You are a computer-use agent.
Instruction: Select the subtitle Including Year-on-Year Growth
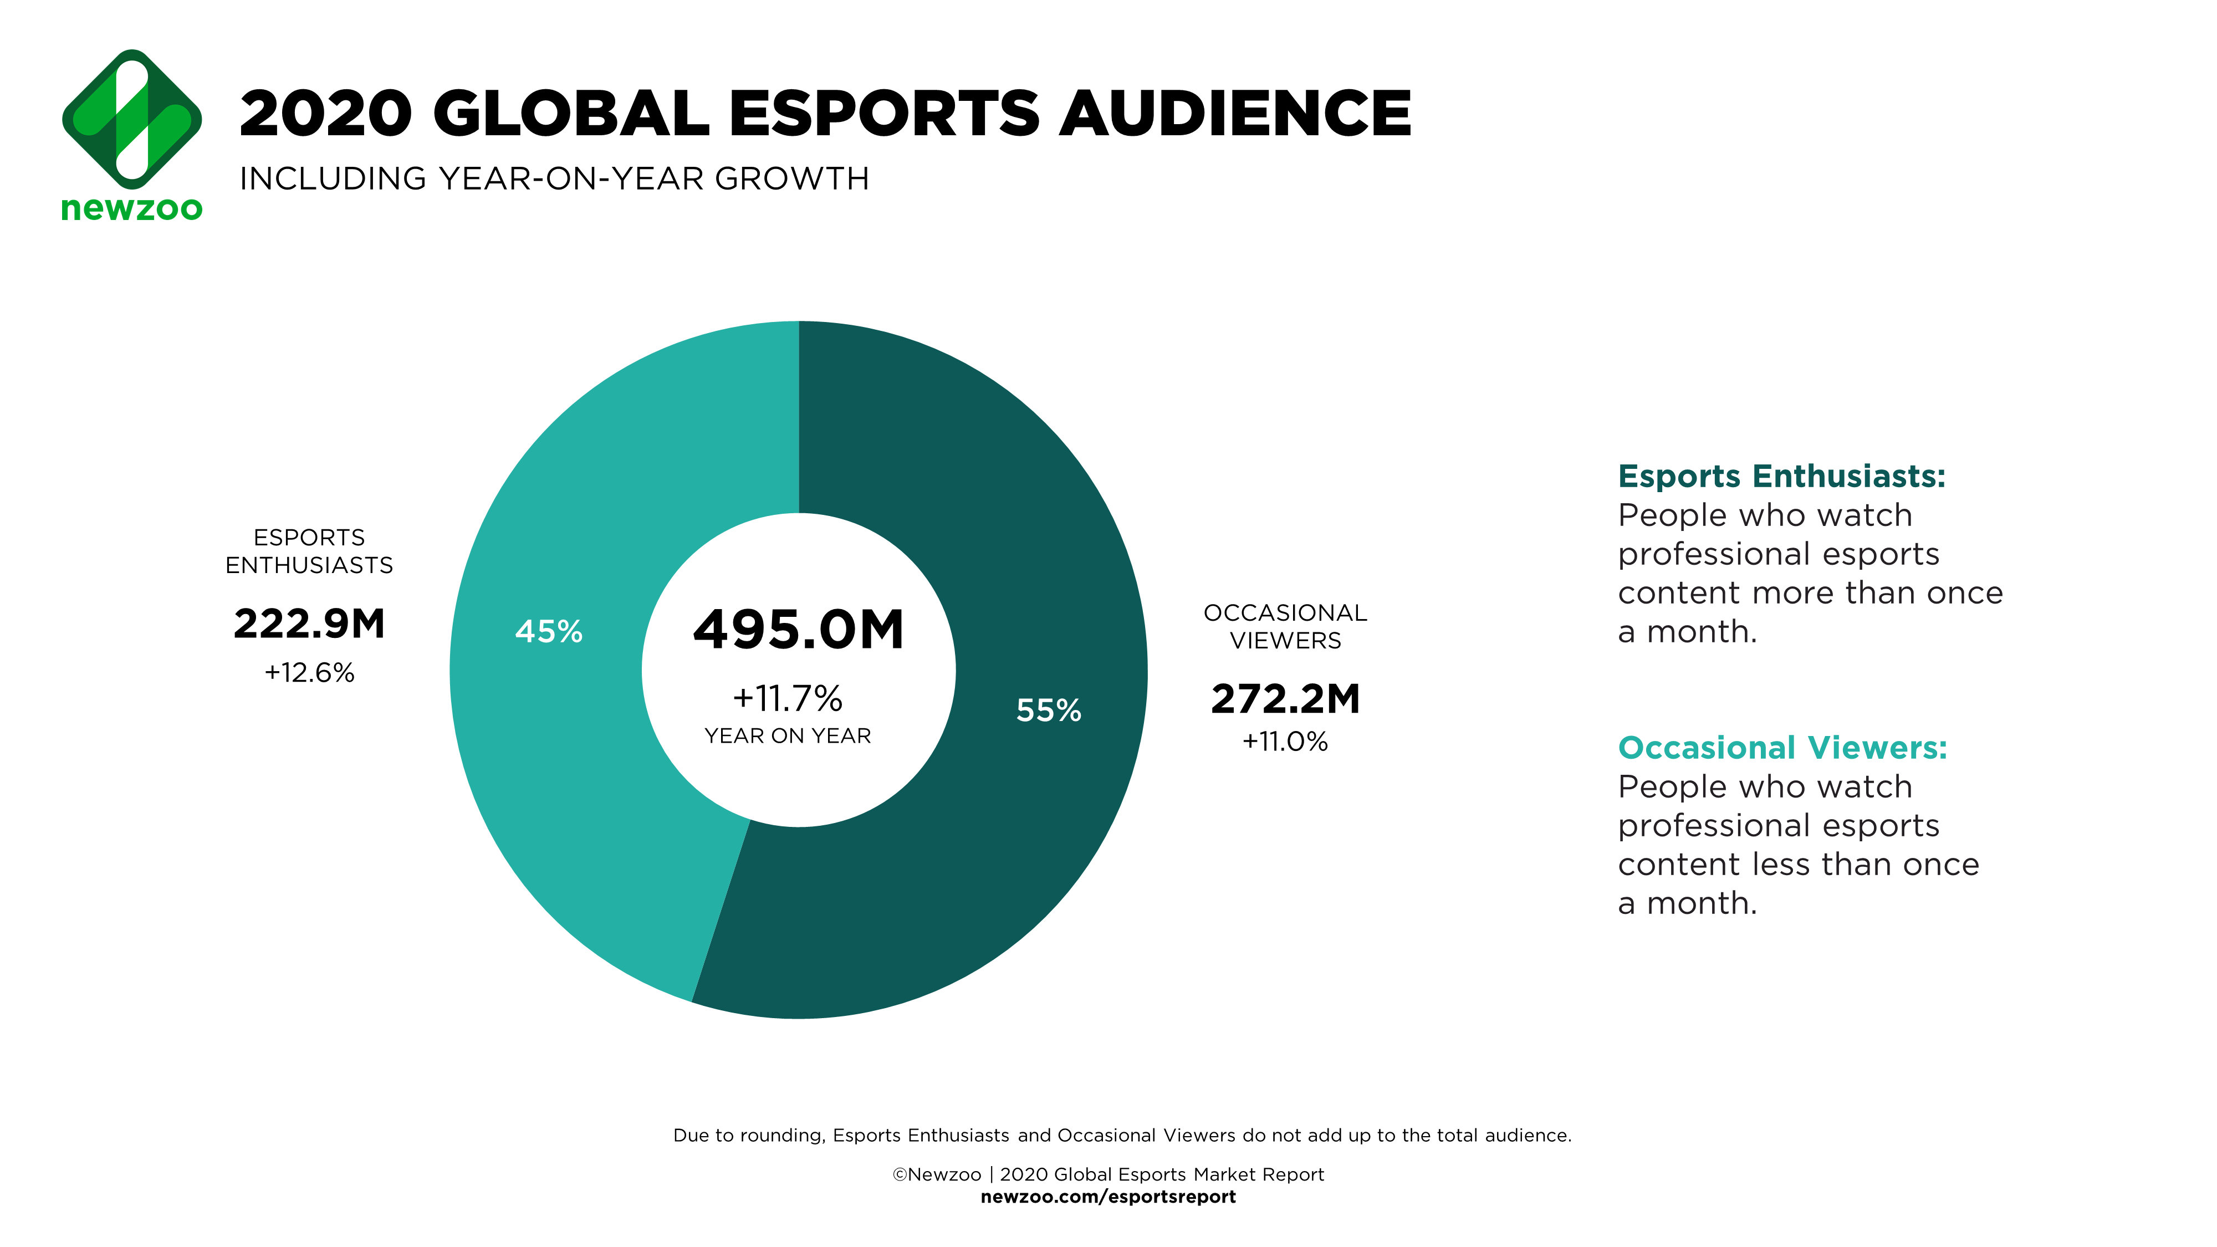pos(554,179)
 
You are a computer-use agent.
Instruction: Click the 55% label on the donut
pos(1048,710)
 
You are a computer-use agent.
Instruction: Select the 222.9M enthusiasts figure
pos(309,624)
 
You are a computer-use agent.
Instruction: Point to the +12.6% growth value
pos(309,672)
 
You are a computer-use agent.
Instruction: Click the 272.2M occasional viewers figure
pos(1285,699)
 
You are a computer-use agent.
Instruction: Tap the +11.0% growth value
pos(1285,741)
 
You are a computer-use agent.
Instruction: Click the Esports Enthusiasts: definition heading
pos(1781,476)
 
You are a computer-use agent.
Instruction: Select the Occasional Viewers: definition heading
pos(1781,747)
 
